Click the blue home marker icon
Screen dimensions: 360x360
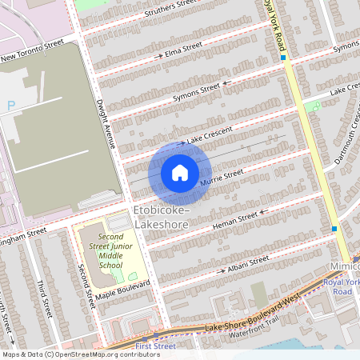click(180, 173)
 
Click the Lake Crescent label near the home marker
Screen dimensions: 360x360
click(210, 135)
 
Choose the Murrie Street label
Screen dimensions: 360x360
click(222, 179)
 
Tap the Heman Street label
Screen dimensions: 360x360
click(235, 221)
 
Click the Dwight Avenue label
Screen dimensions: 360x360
click(105, 124)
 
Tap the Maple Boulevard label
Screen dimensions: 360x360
click(123, 290)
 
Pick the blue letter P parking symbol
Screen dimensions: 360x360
click(10, 106)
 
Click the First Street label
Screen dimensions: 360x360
click(155, 346)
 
